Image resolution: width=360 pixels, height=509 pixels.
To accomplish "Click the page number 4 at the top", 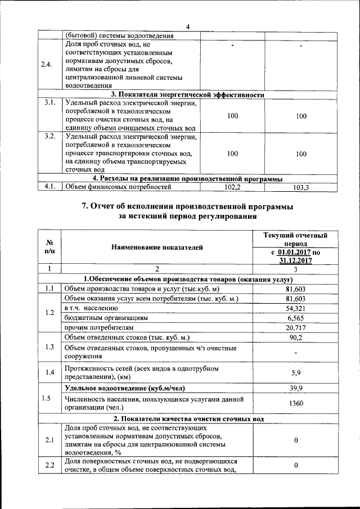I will point(187,25).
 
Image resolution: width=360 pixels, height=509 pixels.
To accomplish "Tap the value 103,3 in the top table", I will point(300,187).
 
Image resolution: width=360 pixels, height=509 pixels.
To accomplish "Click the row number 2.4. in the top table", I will point(47,64).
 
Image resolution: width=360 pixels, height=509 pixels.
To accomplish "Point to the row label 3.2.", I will point(49,137).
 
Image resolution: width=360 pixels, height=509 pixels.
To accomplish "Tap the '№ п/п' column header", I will point(49,246).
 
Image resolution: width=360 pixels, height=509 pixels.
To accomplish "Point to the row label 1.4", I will point(49,372).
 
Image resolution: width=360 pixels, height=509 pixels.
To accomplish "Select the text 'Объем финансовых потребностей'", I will point(118,187).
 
